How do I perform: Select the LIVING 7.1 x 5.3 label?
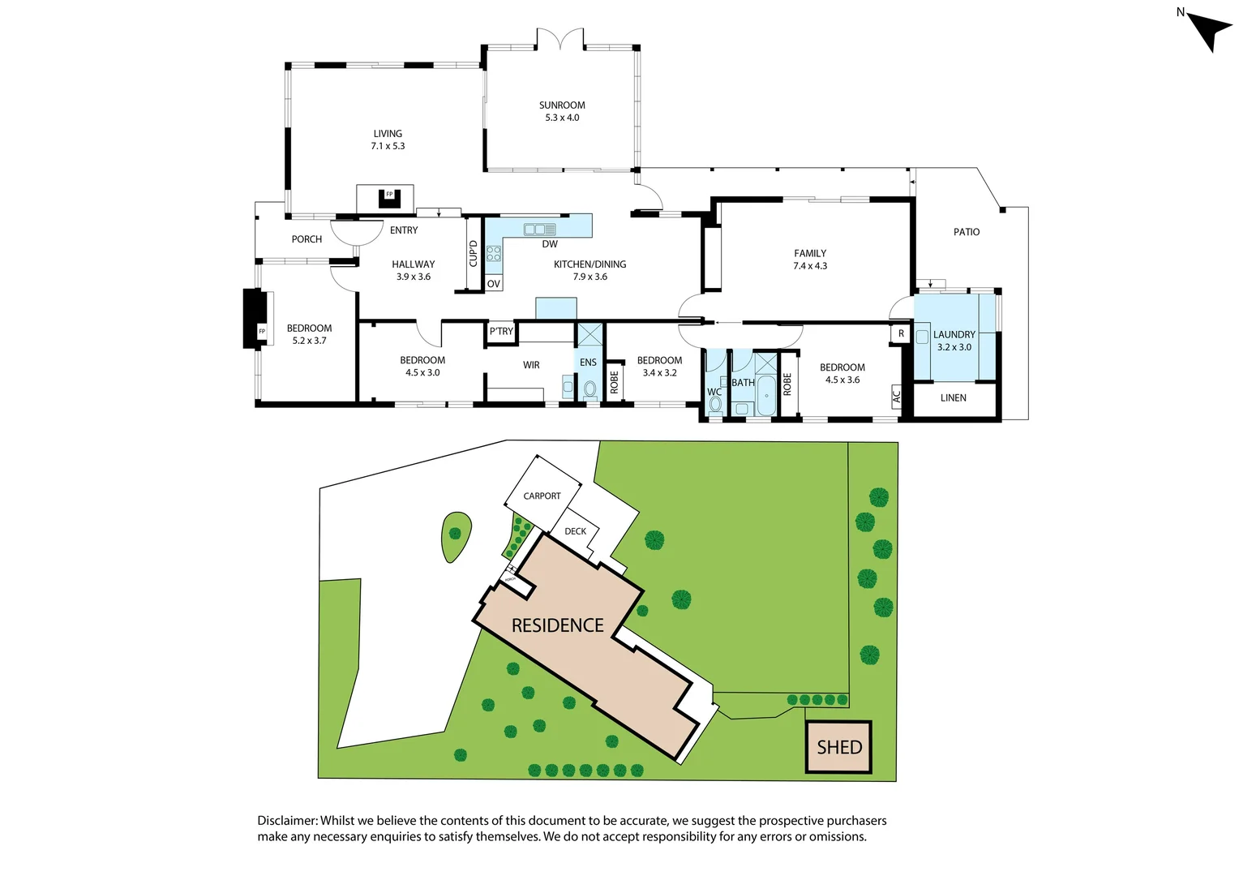tap(388, 140)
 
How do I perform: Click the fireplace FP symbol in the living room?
tap(389, 195)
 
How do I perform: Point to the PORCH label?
tap(307, 239)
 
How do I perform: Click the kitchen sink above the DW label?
tap(539, 230)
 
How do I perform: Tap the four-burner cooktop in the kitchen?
tap(494, 254)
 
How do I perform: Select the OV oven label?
tap(494, 284)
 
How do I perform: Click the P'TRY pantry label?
tap(501, 332)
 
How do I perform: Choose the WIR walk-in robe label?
tap(531, 365)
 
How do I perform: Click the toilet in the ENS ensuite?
tap(589, 389)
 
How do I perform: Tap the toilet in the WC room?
tap(714, 404)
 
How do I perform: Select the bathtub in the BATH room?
tap(766, 397)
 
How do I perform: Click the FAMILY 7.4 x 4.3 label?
tap(810, 260)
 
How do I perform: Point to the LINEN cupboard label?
tap(954, 398)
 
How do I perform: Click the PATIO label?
tap(967, 232)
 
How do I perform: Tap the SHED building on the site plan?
tap(839, 747)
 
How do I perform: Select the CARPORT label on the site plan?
tap(542, 496)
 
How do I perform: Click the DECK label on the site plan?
tap(576, 531)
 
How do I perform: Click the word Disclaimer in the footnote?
tap(287, 821)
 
